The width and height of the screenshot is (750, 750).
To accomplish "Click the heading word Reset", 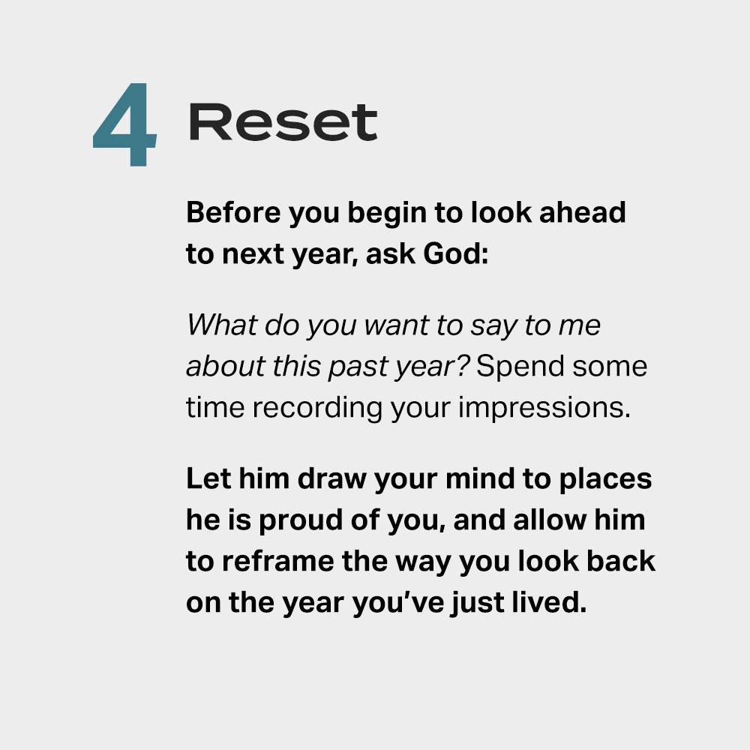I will (x=283, y=123).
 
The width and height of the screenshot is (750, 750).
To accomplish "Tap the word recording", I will (x=325, y=409).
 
